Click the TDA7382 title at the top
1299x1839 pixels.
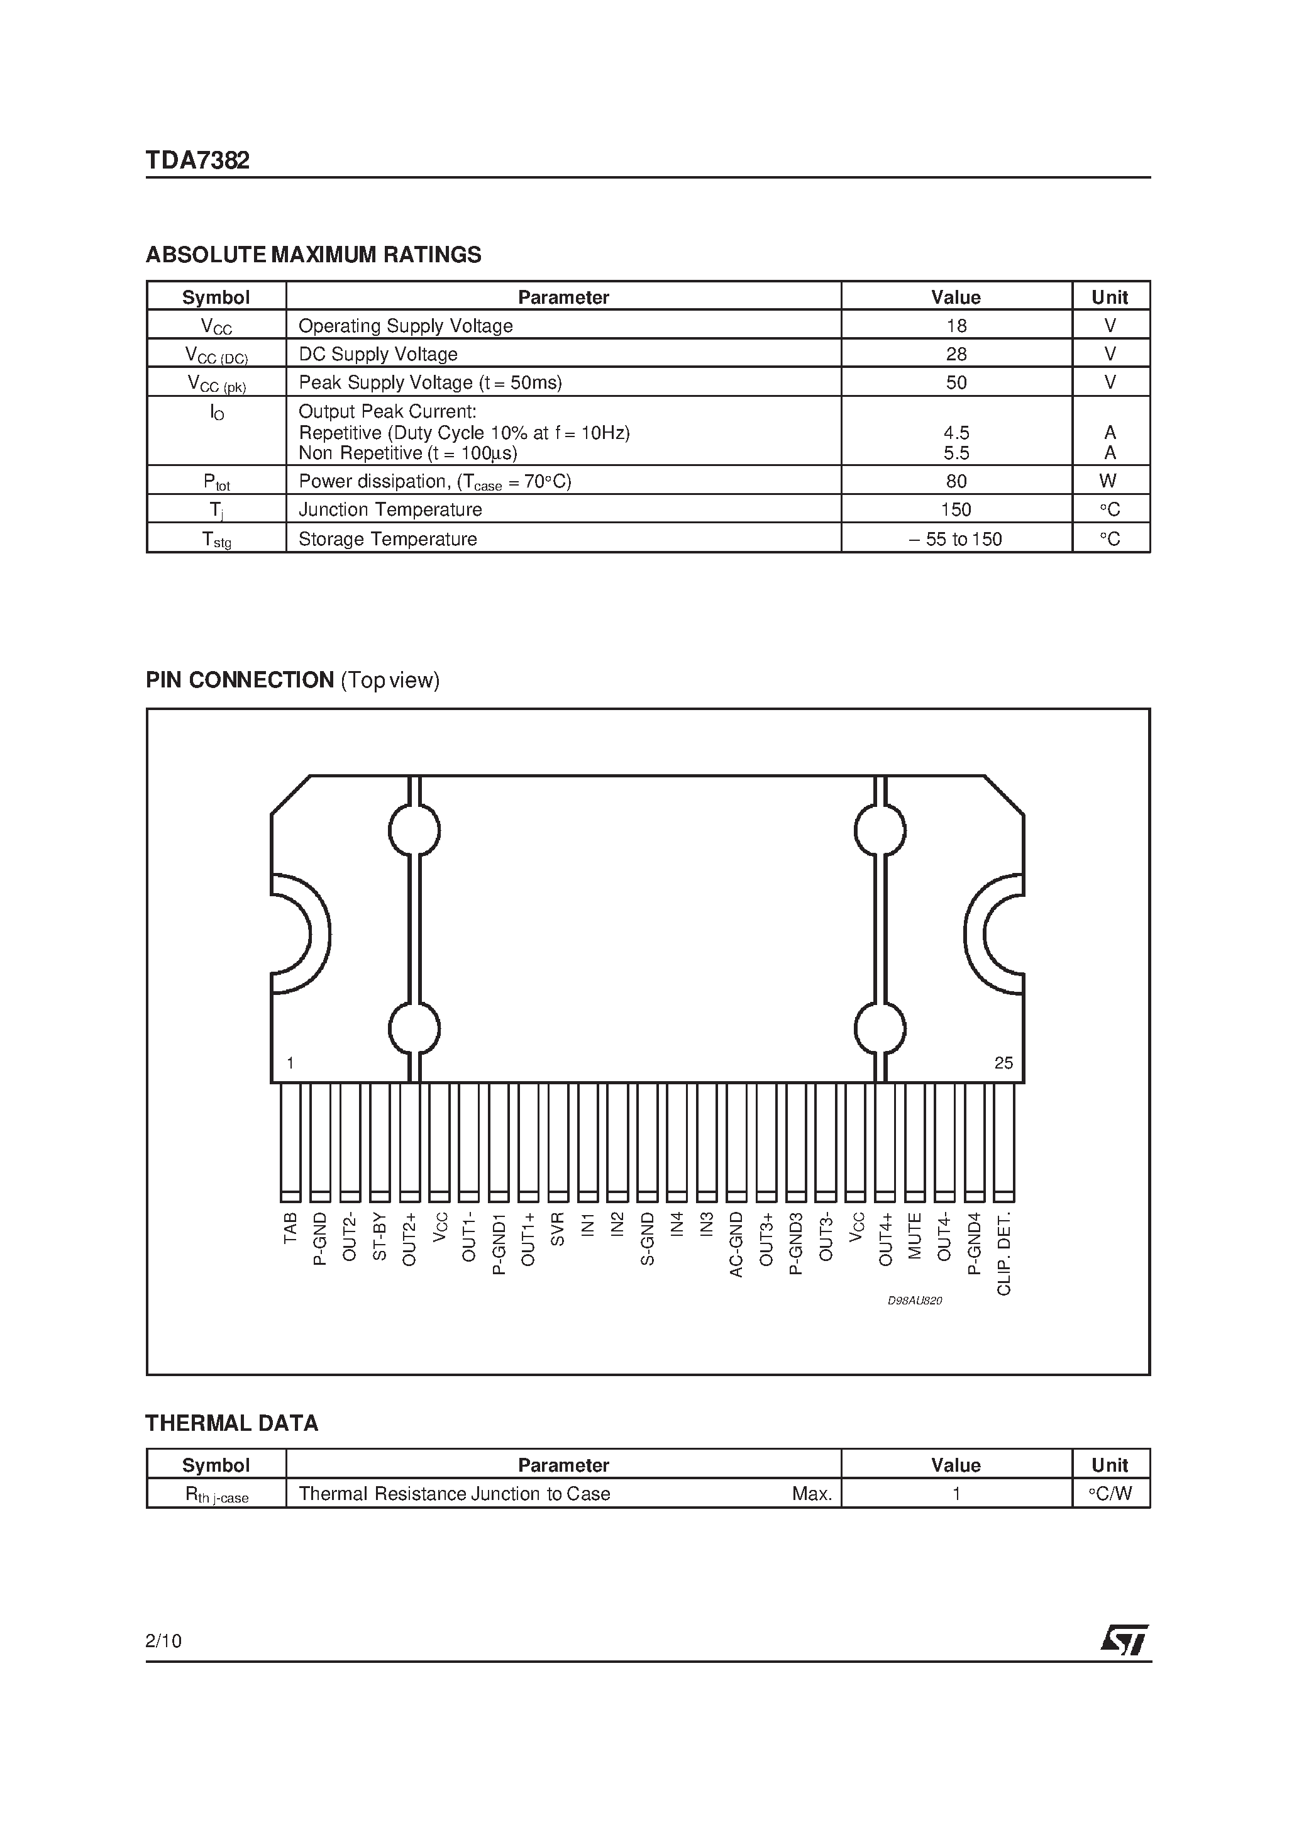pos(198,160)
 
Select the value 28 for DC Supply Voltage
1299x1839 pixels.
pos(956,354)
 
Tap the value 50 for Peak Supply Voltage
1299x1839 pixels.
pos(956,383)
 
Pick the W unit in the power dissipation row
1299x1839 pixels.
pos(1108,481)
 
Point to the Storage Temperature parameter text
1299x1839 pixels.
pos(387,539)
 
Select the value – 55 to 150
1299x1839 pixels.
pos(956,539)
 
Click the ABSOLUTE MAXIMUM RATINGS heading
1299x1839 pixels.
pos(313,255)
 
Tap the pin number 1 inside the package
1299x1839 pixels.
pos(290,1063)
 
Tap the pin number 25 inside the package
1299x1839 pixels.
pos(1003,1063)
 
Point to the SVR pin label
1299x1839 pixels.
pos(558,1230)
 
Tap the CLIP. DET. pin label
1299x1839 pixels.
pos(1004,1253)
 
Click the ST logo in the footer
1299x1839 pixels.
pos(1124,1640)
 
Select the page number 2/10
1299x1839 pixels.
pos(164,1641)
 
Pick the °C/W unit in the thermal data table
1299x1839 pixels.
pos(1110,1494)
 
